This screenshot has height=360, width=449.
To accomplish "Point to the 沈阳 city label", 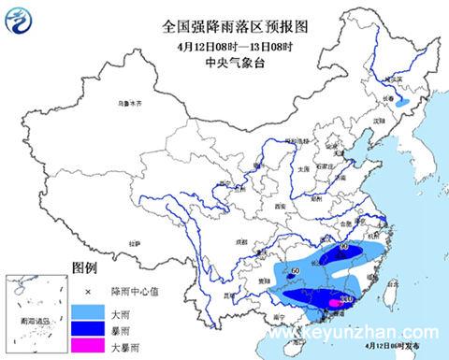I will [379, 122].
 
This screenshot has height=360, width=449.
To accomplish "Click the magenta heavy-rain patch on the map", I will [334, 301].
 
